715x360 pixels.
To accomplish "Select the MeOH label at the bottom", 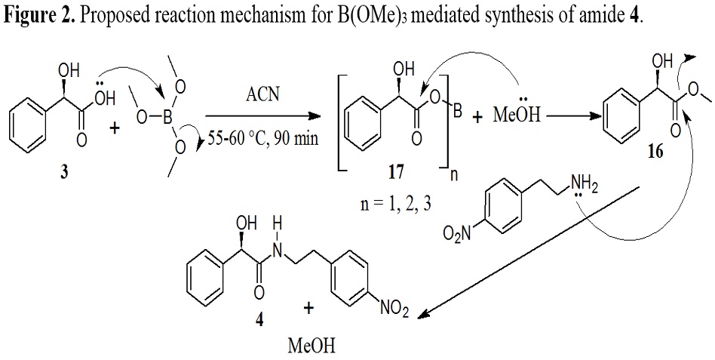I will click(308, 346).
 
